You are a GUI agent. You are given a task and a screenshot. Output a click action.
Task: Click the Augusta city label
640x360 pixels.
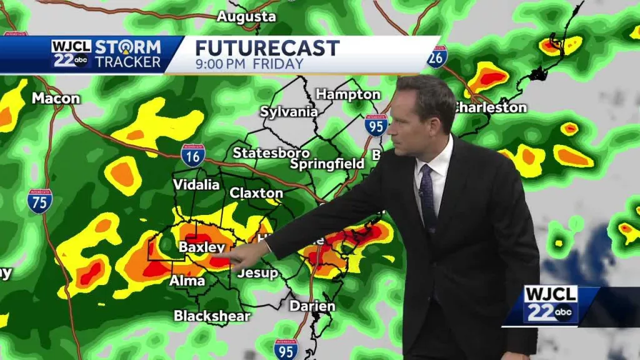point(246,17)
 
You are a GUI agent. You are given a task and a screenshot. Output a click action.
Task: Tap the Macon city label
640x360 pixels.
point(56,98)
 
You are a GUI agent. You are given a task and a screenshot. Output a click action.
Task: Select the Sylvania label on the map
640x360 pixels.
point(289,112)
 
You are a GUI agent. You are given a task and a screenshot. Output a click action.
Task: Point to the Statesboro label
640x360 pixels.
point(271,152)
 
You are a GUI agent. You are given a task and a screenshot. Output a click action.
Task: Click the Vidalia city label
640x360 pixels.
point(196,184)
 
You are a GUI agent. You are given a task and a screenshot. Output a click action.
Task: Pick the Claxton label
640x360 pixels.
point(256,193)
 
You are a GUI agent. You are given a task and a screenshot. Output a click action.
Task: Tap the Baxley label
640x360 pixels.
point(201,247)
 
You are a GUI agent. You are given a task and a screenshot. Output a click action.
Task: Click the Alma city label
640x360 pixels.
point(187,281)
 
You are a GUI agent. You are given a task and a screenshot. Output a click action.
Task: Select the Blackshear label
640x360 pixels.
point(212,316)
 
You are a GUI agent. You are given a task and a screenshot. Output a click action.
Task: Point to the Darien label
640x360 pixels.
point(312,306)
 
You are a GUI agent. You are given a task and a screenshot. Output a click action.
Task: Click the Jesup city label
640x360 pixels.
point(257,273)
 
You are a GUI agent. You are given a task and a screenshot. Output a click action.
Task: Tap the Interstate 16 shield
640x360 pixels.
point(192,155)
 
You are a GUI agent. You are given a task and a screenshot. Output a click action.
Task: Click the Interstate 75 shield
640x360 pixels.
point(39,201)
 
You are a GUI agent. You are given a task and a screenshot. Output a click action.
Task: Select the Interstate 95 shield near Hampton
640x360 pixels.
point(376,125)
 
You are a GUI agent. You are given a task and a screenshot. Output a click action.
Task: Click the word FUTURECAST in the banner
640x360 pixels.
point(267,48)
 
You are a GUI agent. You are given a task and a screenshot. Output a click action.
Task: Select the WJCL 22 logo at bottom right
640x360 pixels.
point(550,305)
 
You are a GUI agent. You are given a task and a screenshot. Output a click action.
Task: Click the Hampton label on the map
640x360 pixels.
point(348,94)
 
